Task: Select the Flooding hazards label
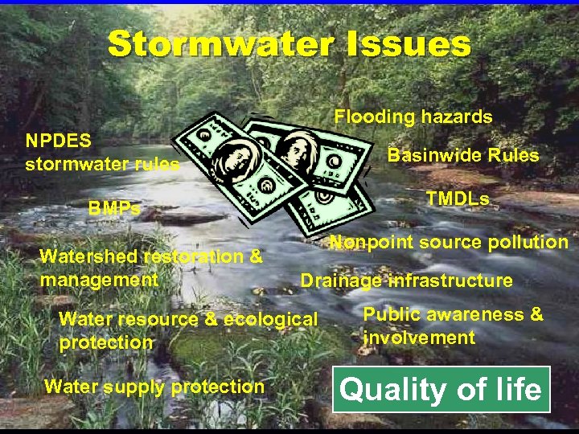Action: click(x=413, y=117)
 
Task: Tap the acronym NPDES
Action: click(x=58, y=141)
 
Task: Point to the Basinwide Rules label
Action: click(x=463, y=155)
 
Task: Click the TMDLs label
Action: click(x=457, y=199)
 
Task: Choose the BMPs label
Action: click(x=114, y=209)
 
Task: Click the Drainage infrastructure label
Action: click(x=406, y=280)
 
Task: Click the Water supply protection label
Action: click(x=154, y=387)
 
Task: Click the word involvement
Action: click(x=419, y=337)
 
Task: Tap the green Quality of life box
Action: click(x=441, y=390)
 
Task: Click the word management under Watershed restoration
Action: click(x=99, y=280)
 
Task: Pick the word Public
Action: click(x=392, y=314)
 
